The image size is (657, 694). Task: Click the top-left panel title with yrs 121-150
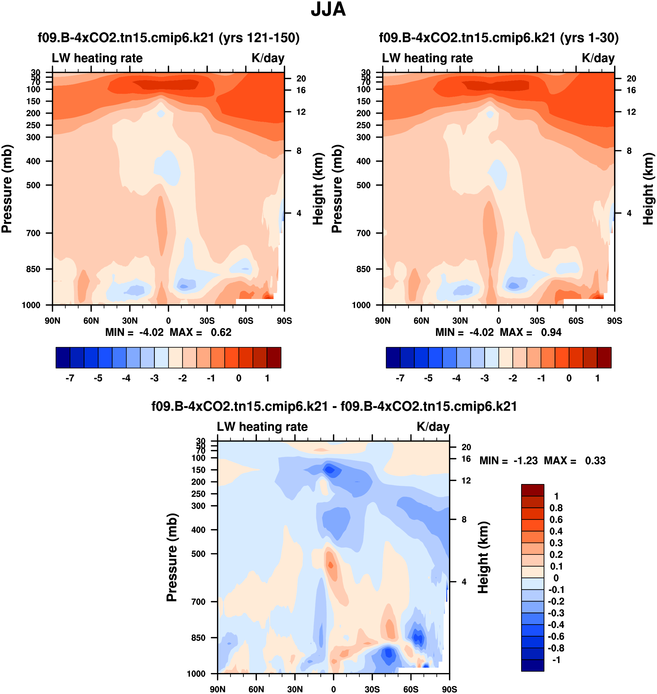(x=168, y=38)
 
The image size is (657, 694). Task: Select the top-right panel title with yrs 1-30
(x=499, y=38)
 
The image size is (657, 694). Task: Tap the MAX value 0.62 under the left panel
(x=221, y=332)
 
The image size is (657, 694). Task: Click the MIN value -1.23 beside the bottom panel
(x=525, y=460)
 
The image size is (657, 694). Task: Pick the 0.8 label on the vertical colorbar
(x=556, y=508)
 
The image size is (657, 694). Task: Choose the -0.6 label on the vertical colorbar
(x=556, y=636)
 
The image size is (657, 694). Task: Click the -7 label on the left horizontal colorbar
(x=70, y=378)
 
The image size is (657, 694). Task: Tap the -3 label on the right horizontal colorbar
(x=484, y=378)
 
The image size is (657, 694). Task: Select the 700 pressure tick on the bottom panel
(x=198, y=602)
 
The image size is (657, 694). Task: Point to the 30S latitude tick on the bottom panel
(x=372, y=689)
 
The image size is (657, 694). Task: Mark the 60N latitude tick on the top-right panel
(x=421, y=321)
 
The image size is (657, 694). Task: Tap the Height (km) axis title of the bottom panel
(x=483, y=557)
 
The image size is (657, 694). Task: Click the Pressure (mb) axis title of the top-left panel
(x=7, y=189)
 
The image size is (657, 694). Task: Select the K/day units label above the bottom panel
(x=433, y=427)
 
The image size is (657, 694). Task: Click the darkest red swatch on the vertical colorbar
(x=532, y=490)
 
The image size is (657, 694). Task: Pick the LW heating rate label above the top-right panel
(x=427, y=58)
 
